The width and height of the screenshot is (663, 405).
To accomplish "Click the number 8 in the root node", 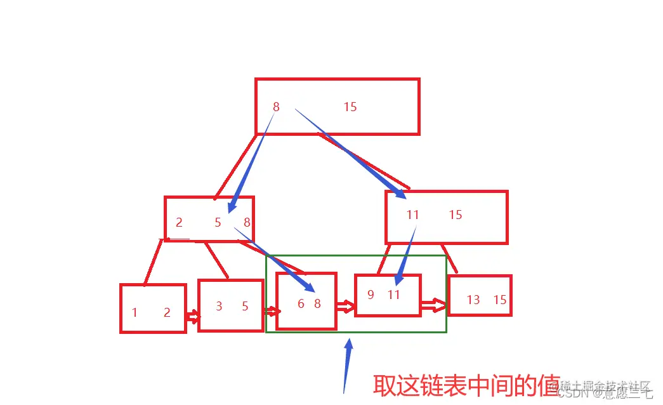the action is [276, 107].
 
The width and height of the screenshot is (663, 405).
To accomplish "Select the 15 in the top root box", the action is [350, 107].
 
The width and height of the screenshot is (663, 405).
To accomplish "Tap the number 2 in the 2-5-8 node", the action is [179, 223].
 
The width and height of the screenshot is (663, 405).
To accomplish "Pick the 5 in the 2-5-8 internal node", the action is [218, 223].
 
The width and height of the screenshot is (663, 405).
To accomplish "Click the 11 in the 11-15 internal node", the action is [413, 215].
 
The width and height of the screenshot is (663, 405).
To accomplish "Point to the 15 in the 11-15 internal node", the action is [456, 215].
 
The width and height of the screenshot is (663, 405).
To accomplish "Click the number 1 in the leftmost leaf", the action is [135, 313].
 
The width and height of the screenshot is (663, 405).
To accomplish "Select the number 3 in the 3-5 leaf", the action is [219, 307].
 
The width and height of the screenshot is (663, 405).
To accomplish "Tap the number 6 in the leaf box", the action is [301, 304].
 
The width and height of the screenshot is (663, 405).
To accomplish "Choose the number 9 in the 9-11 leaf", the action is [371, 295].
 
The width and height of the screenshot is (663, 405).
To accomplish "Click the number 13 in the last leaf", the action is [473, 300].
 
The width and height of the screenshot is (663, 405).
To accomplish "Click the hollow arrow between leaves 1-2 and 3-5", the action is [192, 315].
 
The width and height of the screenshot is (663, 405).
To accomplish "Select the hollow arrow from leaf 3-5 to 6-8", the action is [272, 311].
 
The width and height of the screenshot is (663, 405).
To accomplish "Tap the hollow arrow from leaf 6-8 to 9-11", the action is [345, 307].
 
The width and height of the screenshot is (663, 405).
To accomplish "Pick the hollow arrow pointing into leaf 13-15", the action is [435, 305].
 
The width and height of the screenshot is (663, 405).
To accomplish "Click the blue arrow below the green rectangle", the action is [347, 365].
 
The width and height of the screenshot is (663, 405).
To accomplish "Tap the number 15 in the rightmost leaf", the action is [500, 300].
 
